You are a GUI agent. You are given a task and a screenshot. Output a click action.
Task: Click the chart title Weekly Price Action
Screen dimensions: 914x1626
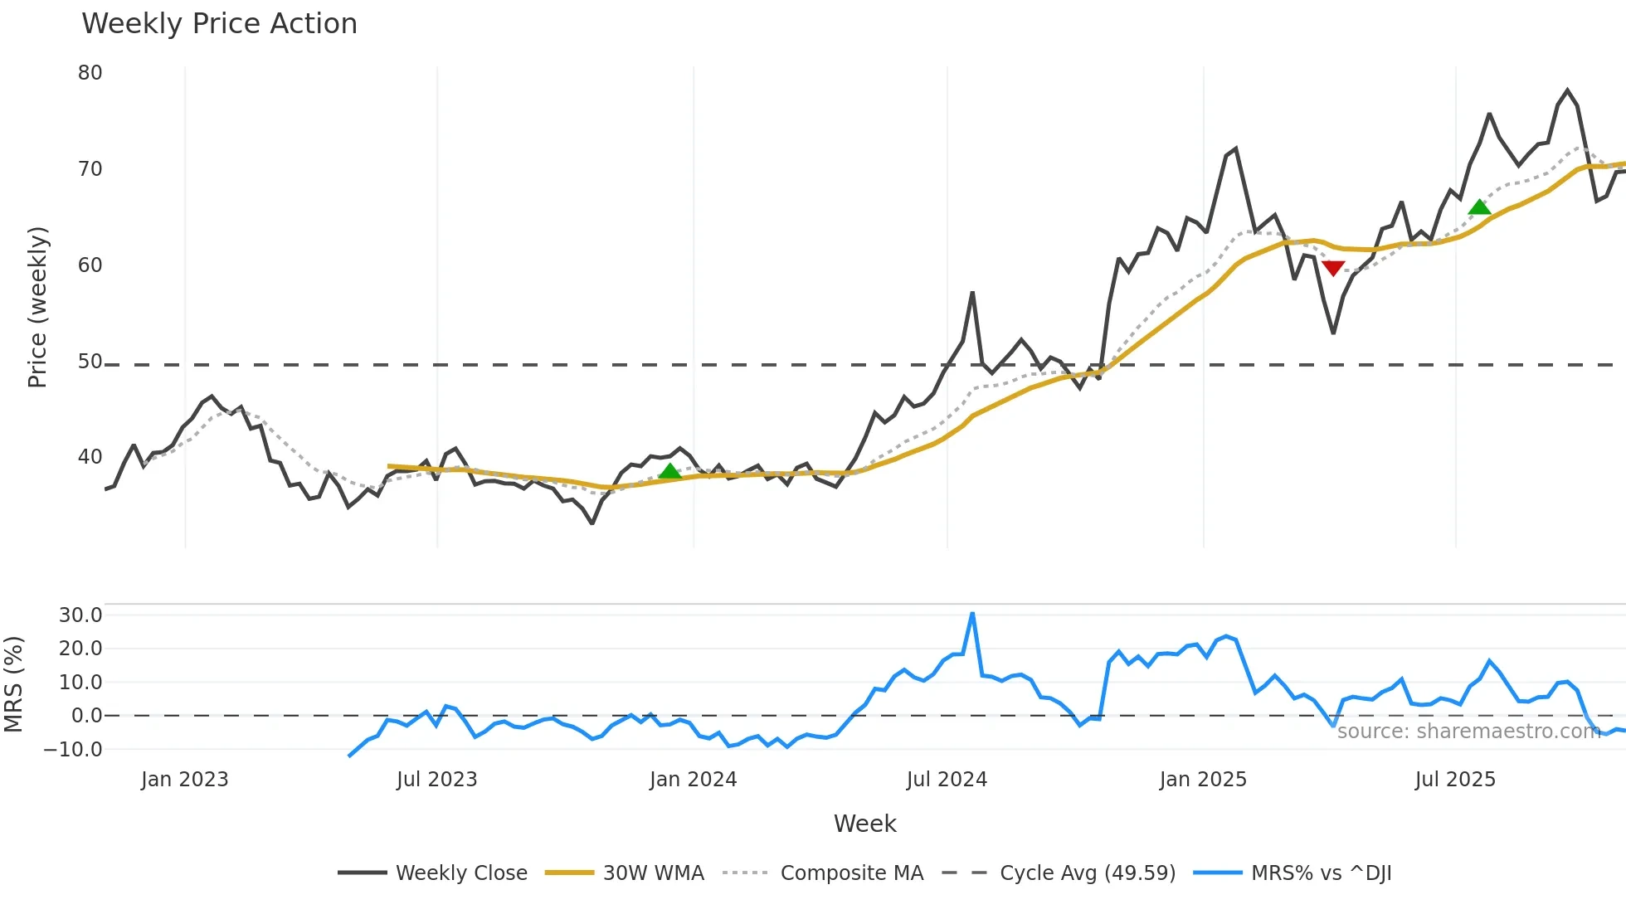[x=219, y=24]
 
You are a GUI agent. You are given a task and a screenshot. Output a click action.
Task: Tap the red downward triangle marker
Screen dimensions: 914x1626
[x=1333, y=268]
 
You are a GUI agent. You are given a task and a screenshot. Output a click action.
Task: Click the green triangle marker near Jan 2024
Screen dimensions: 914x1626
[x=669, y=472]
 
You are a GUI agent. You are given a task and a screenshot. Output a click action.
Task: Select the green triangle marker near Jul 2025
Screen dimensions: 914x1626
[x=1479, y=207]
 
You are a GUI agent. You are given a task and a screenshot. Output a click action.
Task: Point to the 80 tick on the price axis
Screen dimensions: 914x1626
[x=90, y=73]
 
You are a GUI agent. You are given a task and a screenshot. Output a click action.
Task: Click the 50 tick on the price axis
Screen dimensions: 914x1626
[x=90, y=362]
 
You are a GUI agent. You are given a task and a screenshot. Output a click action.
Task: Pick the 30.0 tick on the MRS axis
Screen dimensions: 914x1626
[x=80, y=615]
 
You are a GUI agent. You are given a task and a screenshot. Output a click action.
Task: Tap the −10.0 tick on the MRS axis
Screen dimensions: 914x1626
[x=74, y=750]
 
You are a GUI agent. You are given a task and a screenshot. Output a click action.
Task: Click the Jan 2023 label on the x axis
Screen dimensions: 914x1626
[x=184, y=780]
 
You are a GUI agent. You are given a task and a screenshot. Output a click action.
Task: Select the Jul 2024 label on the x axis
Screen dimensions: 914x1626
[x=947, y=780]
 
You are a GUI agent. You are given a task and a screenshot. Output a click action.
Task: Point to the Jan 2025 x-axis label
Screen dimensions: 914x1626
[x=1203, y=780]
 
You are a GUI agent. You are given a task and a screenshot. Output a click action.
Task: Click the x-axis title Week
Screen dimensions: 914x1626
[x=864, y=824]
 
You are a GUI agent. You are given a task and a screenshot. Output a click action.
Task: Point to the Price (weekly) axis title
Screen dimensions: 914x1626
[x=38, y=307]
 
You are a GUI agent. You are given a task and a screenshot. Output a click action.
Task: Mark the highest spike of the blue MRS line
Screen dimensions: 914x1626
[x=972, y=615]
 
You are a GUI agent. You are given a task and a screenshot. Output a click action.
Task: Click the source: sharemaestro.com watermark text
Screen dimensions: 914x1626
[x=1468, y=732]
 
